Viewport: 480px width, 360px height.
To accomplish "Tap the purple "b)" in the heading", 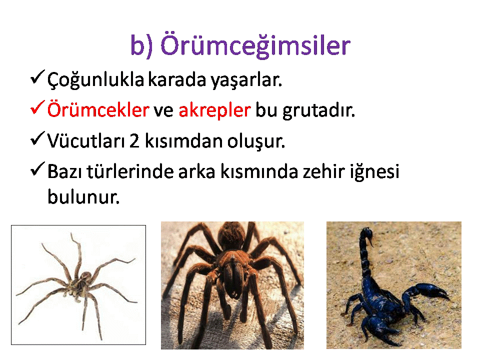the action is point(141,45).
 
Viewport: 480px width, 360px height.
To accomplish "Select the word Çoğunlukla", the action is point(95,80).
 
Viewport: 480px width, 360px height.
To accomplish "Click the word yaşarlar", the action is point(246,80).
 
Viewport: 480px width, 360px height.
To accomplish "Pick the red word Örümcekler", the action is point(98,109).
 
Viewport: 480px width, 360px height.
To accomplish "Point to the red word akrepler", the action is point(215,110).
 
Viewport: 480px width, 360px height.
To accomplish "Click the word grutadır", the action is point(318,110).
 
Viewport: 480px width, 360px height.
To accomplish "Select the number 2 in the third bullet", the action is point(134,141).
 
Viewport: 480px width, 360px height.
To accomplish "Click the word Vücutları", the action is point(86,141).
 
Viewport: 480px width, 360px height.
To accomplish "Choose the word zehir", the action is point(324,171).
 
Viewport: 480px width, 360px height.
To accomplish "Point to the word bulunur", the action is point(83,196).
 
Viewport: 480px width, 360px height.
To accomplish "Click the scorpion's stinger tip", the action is point(372,245).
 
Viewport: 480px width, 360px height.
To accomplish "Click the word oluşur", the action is point(256,141).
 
